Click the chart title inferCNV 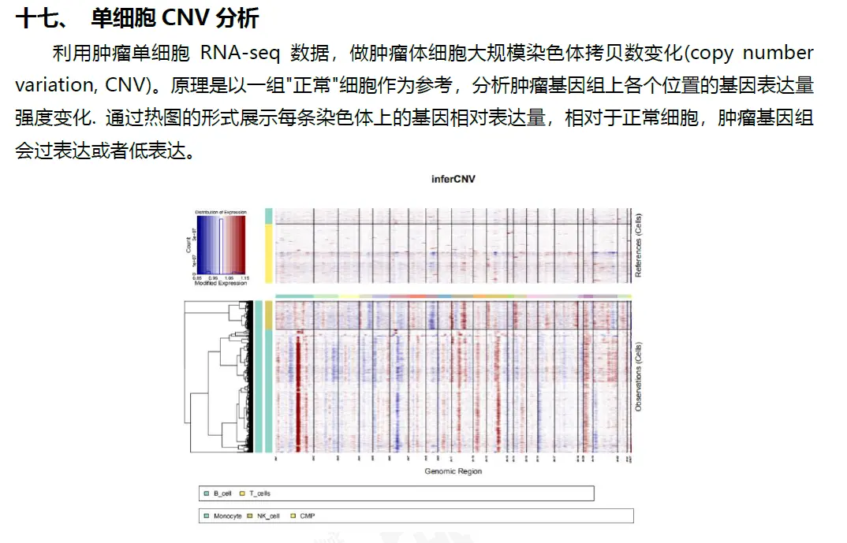coord(453,179)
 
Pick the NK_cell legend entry coord(269,515)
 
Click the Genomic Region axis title coord(453,471)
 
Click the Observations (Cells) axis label coord(639,376)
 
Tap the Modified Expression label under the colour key coord(220,283)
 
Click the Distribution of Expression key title coord(220,212)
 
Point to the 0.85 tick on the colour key coord(196,278)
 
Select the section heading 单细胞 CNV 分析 coord(175,17)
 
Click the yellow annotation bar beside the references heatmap coord(268,252)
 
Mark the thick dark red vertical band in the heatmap coord(299,394)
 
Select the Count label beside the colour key coord(188,247)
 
